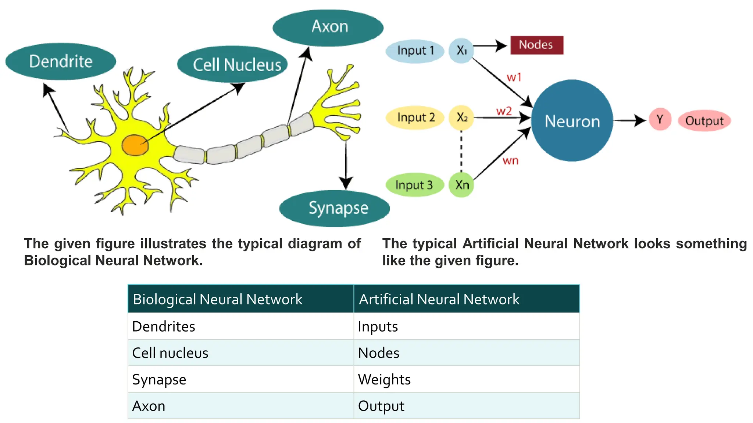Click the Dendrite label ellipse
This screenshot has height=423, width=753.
61,62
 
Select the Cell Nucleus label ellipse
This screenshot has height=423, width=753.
232,65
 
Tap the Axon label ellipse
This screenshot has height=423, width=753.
328,28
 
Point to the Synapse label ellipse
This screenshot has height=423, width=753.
334,208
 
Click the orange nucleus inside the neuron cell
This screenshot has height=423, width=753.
135,145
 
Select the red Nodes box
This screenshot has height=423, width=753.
536,45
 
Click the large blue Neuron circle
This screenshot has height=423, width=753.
572,121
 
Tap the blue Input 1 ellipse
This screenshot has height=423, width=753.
415,51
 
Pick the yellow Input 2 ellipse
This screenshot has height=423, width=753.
415,117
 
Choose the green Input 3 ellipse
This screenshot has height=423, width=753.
414,185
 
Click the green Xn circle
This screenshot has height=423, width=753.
461,185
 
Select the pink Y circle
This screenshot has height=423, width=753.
660,119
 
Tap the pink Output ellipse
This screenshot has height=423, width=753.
704,121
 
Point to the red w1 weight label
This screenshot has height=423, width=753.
514,77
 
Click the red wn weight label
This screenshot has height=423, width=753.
510,161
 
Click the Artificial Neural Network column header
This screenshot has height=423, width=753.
466,299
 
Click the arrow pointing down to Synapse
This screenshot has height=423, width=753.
346,165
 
